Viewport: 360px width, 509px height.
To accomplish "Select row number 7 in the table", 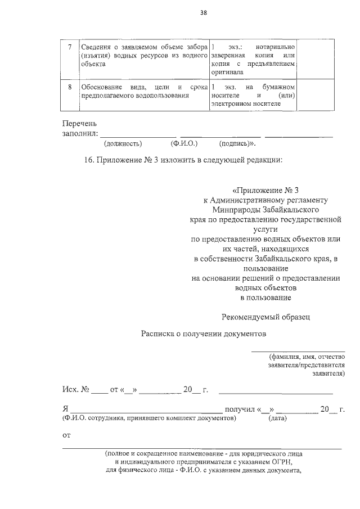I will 69,47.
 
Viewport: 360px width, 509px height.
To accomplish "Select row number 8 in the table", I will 69,87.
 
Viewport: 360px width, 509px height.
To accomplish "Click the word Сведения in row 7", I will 95,47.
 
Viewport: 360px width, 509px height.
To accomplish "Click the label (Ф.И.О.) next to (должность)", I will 182,143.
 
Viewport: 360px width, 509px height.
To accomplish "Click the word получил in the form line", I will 239,409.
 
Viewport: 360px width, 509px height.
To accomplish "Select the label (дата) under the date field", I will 278,418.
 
